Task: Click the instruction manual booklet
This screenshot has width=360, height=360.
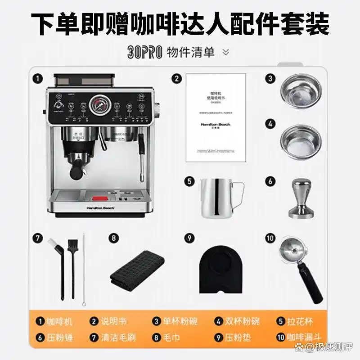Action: (216, 117)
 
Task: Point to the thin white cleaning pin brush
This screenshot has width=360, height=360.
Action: (83, 270)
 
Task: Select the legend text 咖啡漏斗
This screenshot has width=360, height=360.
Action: (305, 337)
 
